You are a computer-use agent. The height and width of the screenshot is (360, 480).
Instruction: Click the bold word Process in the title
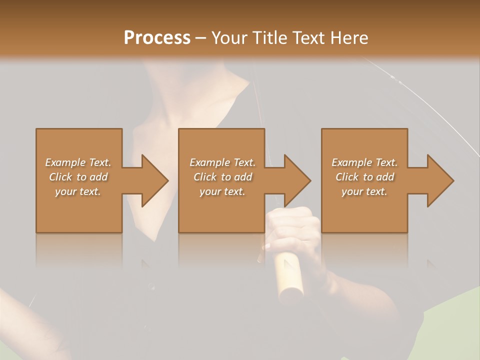157,38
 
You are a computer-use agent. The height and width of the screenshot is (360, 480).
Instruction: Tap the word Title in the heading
270,38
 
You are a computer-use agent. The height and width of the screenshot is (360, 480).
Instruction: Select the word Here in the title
348,38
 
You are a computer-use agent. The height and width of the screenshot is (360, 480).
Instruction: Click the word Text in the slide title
309,38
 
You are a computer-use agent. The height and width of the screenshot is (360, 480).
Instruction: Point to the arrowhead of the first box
152,180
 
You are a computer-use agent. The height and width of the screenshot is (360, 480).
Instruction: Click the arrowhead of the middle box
295,180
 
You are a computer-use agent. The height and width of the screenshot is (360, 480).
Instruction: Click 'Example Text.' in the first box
78,162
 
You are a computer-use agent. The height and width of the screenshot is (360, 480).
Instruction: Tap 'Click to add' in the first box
78,177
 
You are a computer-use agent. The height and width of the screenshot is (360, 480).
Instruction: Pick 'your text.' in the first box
78,191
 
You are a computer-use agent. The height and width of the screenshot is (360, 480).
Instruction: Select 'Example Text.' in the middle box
222,162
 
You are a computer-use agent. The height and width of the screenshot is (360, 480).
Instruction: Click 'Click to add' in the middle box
222,177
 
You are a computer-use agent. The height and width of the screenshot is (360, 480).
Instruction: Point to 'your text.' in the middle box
222,191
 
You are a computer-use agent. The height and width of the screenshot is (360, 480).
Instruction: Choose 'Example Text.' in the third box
364,162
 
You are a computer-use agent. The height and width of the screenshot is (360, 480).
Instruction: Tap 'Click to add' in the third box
364,177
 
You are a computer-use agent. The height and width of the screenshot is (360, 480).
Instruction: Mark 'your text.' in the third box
364,191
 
